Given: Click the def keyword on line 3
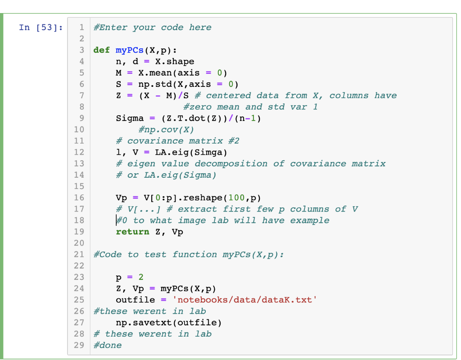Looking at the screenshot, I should pyautogui.click(x=101, y=50).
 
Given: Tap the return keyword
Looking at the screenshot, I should pyautogui.click(x=132, y=232).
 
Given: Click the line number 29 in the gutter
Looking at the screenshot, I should pyautogui.click(x=79, y=345).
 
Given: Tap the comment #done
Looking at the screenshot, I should pyautogui.click(x=107, y=345).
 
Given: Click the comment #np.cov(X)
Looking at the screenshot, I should pyautogui.click(x=166, y=130).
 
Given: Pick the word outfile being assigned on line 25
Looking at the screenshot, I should pyautogui.click(x=135, y=300).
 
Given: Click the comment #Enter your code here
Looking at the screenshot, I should pyautogui.click(x=152, y=28).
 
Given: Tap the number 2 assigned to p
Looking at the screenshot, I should pyautogui.click(x=141, y=277).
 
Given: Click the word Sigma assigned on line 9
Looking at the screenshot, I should pyautogui.click(x=130, y=118).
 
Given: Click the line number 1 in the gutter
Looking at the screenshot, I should pyautogui.click(x=81, y=28).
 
